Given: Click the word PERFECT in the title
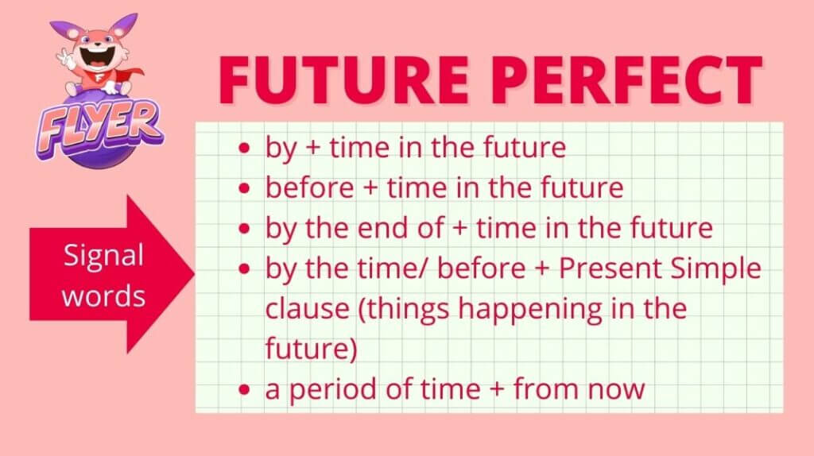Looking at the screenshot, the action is (626, 80).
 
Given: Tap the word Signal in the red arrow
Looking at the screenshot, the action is (103, 255).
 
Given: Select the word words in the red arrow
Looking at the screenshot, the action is (103, 296).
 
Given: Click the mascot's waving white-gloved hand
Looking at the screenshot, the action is (66, 58).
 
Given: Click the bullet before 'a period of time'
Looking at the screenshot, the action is (244, 389).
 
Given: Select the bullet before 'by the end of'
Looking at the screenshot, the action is (244, 229).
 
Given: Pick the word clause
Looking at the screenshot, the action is (308, 308).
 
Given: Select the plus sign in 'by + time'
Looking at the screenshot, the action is (313, 149).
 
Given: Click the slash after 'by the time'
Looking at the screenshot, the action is (427, 269).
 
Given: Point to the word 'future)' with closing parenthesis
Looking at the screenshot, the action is (312, 349).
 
